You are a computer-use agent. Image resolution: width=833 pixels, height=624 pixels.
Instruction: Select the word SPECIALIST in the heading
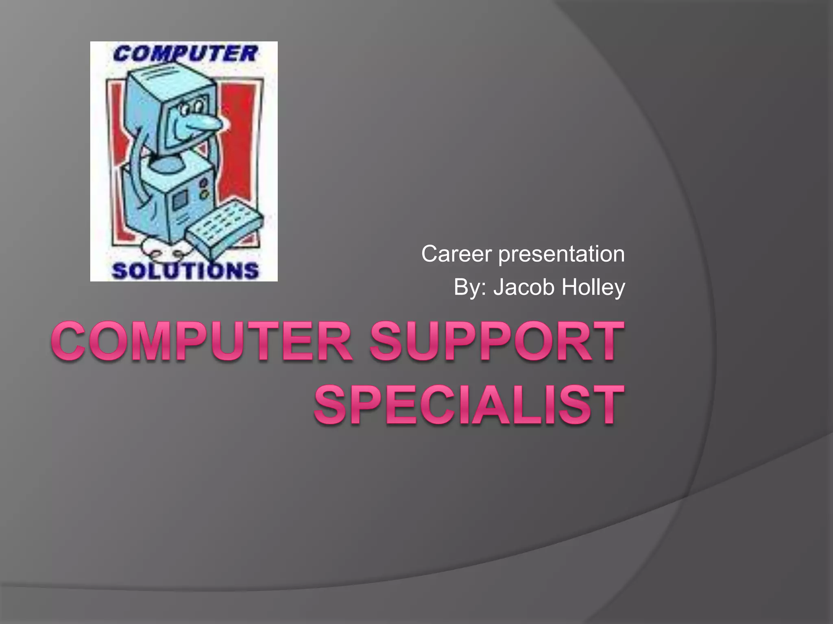pyautogui.click(x=469, y=405)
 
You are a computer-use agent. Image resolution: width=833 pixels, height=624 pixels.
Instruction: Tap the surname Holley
pyautogui.click(x=593, y=288)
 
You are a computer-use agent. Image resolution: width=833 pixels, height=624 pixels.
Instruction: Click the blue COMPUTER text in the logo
pyautogui.click(x=185, y=54)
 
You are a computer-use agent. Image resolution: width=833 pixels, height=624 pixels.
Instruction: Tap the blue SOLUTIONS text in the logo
pyautogui.click(x=185, y=271)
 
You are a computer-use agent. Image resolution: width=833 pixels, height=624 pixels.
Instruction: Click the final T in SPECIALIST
pyautogui.click(x=606, y=405)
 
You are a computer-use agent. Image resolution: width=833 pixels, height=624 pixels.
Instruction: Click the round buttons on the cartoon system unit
pyautogui.click(x=204, y=189)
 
